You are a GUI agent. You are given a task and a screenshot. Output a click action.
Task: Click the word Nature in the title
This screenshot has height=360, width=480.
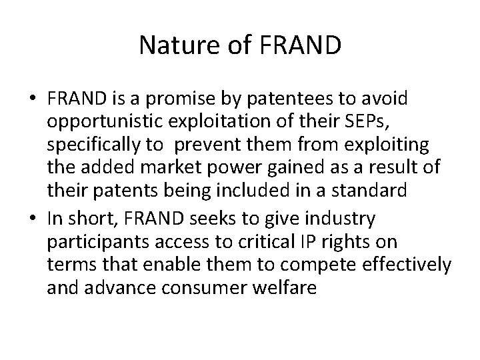coord(172,46)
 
